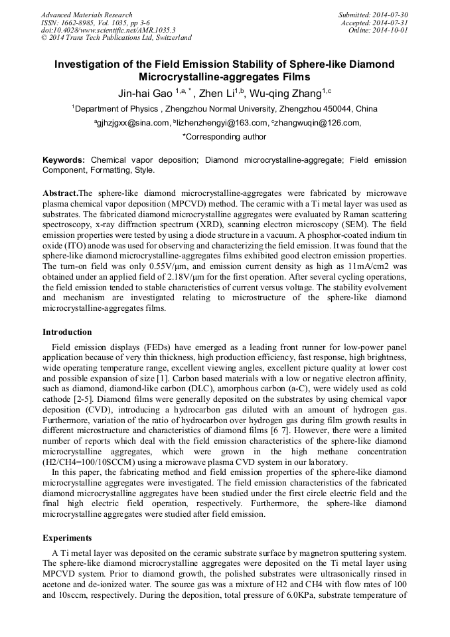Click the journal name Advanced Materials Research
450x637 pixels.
[x=86, y=15]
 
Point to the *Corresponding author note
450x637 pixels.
[x=224, y=137]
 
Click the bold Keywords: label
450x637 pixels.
[x=64, y=160]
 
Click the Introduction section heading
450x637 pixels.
[x=67, y=332]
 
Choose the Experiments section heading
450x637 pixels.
[x=67, y=537]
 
